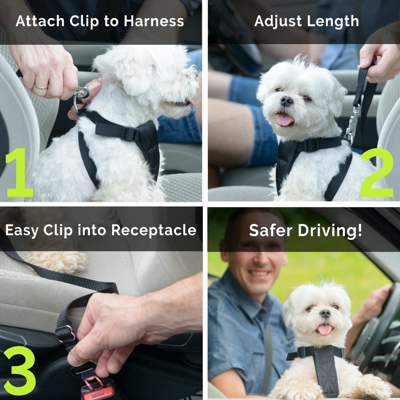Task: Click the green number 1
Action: (x=19, y=172)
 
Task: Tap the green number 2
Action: (x=377, y=172)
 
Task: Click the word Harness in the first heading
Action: (x=154, y=21)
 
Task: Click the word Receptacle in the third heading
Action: (x=154, y=230)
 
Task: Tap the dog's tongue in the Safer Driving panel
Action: (x=324, y=329)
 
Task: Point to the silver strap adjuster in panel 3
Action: (x=65, y=334)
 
